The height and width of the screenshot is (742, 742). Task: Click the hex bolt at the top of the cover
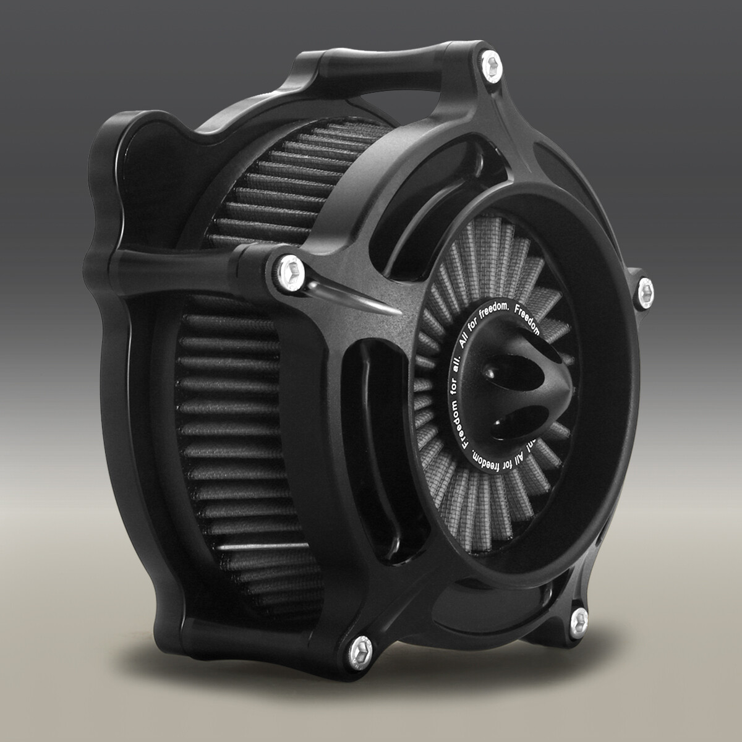[493, 62]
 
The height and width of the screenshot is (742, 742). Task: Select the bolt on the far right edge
[646, 288]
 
